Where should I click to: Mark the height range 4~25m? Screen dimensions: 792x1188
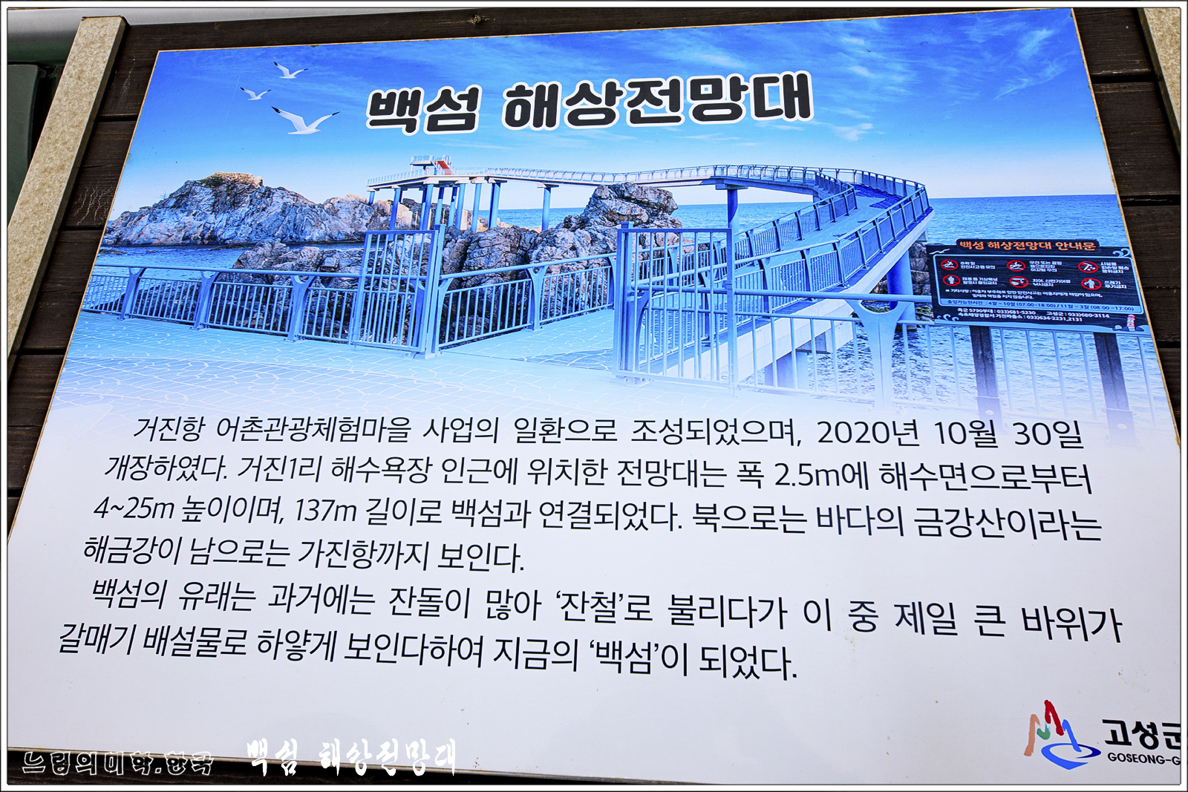click(x=134, y=508)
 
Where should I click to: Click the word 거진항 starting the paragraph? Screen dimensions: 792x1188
click(x=168, y=428)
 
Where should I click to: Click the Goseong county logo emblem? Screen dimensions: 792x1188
click(x=1058, y=735)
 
